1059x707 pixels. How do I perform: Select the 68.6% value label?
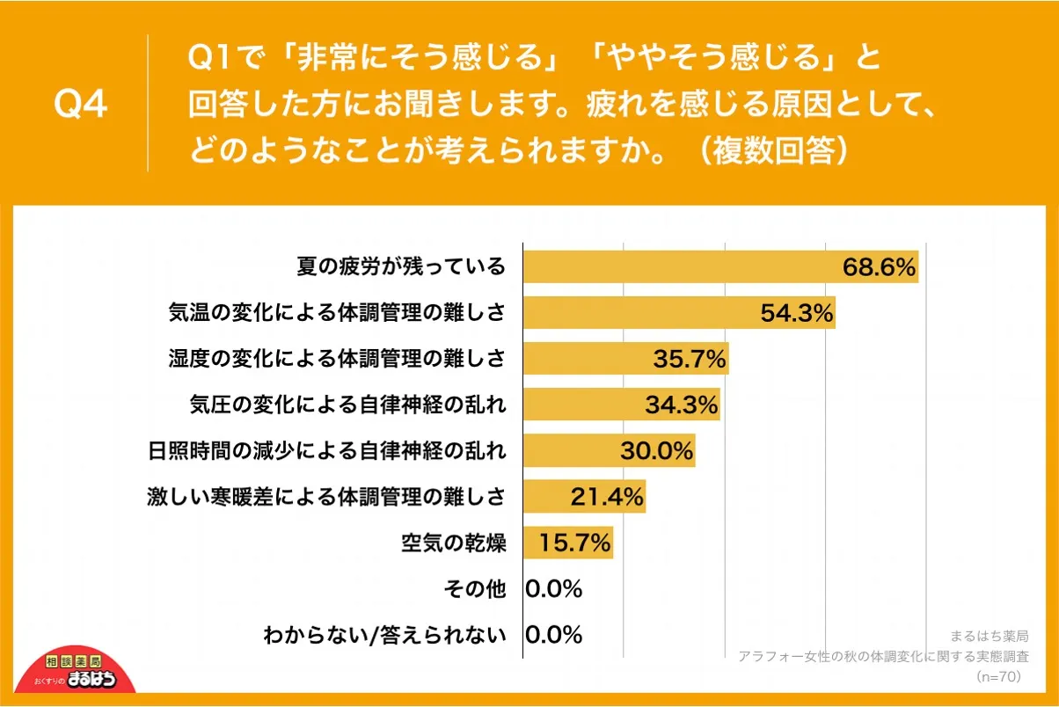point(879,266)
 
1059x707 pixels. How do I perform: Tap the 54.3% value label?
point(796,313)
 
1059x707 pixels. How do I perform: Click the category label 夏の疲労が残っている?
point(401,266)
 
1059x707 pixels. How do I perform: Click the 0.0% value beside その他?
point(554,588)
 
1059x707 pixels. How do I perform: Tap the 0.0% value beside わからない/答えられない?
point(554,634)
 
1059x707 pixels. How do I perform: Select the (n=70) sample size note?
point(997,676)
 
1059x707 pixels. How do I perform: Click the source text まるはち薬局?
point(990,636)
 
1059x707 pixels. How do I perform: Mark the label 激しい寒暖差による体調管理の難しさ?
point(326,497)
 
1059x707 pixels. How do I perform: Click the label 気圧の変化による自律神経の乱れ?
point(348,405)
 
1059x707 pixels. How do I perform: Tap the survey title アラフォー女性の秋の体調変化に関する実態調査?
point(884,656)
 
